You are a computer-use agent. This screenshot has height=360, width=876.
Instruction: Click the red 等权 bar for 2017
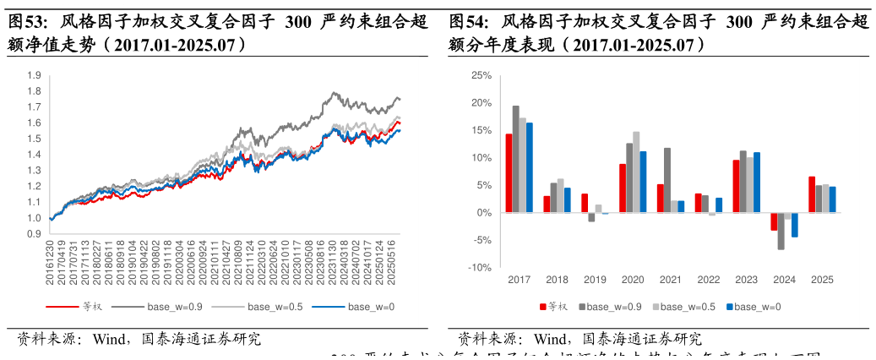pos(509,173)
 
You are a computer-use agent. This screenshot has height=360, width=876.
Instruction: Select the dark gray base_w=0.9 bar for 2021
pos(667,180)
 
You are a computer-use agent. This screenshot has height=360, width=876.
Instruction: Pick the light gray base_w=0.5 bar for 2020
pos(636,172)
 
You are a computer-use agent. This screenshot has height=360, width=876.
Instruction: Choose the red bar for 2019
pos(584,204)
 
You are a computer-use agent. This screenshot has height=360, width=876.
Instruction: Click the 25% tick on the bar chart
pos(481,75)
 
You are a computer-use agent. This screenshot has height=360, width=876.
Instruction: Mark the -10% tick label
pos(479,268)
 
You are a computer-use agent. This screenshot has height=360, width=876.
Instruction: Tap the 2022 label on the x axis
pos(708,280)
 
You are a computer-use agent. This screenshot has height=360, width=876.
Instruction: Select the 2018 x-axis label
pos(557,280)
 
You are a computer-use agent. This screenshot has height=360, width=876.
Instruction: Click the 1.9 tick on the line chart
pos(34,76)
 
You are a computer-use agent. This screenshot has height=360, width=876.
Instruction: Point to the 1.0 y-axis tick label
pos(34,218)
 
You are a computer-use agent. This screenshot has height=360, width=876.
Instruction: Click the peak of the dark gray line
pos(336,92)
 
